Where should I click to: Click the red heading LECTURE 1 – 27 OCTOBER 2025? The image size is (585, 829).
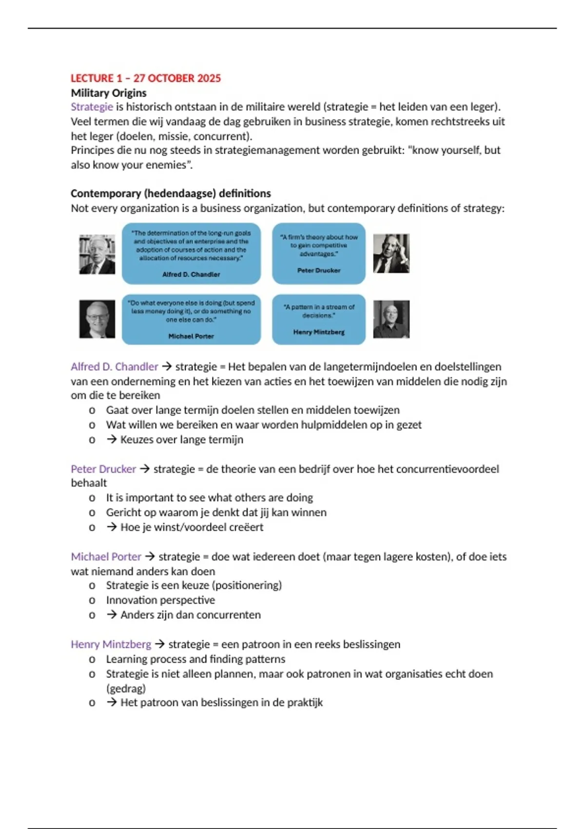tap(145, 78)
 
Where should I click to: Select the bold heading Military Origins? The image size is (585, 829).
tap(108, 93)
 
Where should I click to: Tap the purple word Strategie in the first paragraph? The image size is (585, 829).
tap(92, 107)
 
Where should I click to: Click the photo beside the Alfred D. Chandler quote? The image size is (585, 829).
tap(97, 254)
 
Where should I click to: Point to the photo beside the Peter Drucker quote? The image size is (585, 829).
tap(391, 253)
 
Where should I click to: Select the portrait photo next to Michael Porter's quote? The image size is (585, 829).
tap(97, 319)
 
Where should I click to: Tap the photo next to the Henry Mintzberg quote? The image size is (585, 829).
tap(391, 319)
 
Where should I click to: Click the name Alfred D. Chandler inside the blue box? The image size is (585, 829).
tap(191, 275)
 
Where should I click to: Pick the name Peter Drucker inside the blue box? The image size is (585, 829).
tap(319, 270)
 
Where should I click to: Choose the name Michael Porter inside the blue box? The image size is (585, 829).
tap(191, 336)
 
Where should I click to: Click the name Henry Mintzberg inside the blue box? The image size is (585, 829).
tap(319, 332)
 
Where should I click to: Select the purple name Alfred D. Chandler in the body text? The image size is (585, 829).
tap(114, 367)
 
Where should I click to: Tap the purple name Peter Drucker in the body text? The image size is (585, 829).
tap(103, 469)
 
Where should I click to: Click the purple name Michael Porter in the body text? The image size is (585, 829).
tap(106, 557)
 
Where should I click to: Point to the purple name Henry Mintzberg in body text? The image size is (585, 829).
tap(111, 644)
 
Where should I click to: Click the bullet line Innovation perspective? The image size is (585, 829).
tap(160, 600)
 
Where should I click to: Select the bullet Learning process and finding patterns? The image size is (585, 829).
tap(195, 659)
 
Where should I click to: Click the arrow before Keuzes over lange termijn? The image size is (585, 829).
tap(112, 439)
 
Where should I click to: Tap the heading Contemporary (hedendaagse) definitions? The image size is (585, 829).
tap(171, 193)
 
